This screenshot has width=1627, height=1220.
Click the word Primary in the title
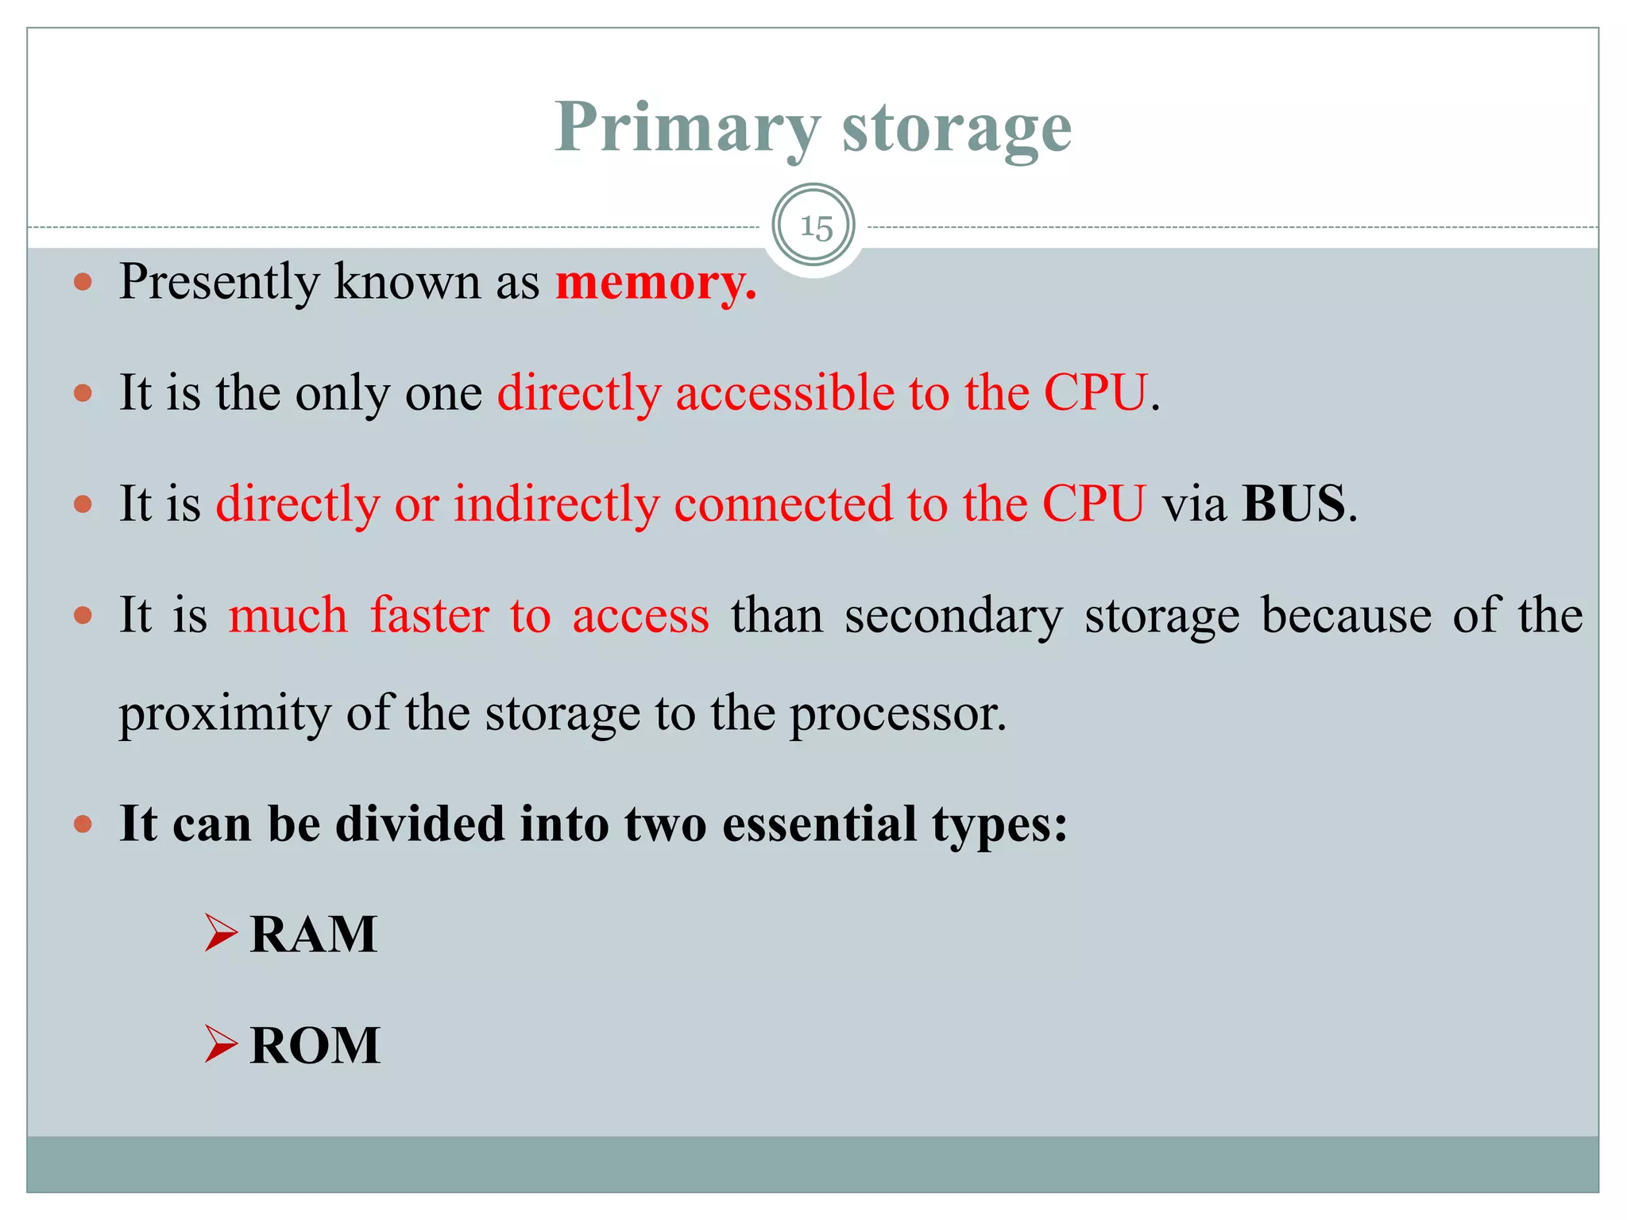click(687, 128)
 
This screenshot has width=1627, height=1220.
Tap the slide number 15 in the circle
click(815, 227)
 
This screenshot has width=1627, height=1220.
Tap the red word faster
click(430, 616)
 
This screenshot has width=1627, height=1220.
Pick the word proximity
click(225, 712)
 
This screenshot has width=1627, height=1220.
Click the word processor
click(897, 712)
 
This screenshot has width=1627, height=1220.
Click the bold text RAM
click(313, 934)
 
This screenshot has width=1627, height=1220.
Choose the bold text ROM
click(315, 1045)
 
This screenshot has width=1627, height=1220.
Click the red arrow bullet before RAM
click(221, 932)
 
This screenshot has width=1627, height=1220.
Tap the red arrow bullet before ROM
click(221, 1044)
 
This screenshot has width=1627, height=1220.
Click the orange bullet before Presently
click(83, 282)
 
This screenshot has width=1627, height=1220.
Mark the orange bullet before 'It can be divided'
click(83, 824)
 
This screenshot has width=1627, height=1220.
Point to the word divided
click(419, 824)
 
